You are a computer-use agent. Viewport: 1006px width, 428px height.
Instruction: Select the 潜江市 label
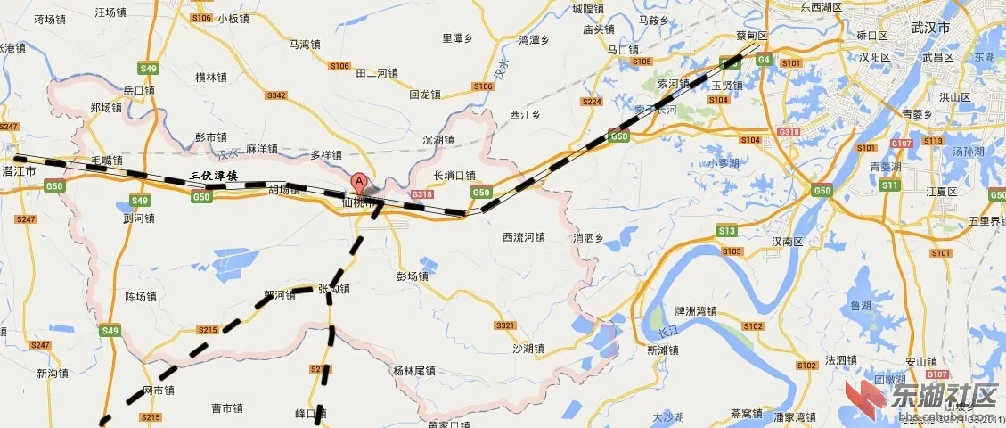pyautogui.click(x=19, y=169)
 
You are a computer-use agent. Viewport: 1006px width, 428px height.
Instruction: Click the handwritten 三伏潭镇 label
pyautogui.click(x=214, y=177)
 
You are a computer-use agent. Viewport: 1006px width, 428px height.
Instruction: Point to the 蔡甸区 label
pyautogui.click(x=751, y=36)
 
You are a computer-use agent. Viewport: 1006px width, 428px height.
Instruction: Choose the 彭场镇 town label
pyautogui.click(x=413, y=276)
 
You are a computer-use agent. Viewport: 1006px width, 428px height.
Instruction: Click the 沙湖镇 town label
pyautogui.click(x=528, y=349)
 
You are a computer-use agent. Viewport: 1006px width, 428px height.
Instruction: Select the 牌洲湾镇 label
pyautogui.click(x=695, y=312)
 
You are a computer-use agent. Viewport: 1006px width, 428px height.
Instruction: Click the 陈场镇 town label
pyautogui.click(x=141, y=297)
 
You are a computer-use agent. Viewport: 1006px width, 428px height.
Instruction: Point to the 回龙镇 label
pyautogui.click(x=425, y=94)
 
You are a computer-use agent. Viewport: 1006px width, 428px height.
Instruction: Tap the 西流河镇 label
pyautogui.click(x=523, y=238)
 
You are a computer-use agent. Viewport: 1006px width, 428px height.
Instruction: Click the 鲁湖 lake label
pyautogui.click(x=861, y=306)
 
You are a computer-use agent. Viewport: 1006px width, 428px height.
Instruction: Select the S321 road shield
pyautogui.click(x=505, y=325)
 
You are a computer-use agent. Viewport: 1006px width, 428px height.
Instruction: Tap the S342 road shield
pyautogui.click(x=277, y=95)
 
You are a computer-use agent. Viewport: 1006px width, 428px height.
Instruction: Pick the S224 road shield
pyautogui.click(x=592, y=103)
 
